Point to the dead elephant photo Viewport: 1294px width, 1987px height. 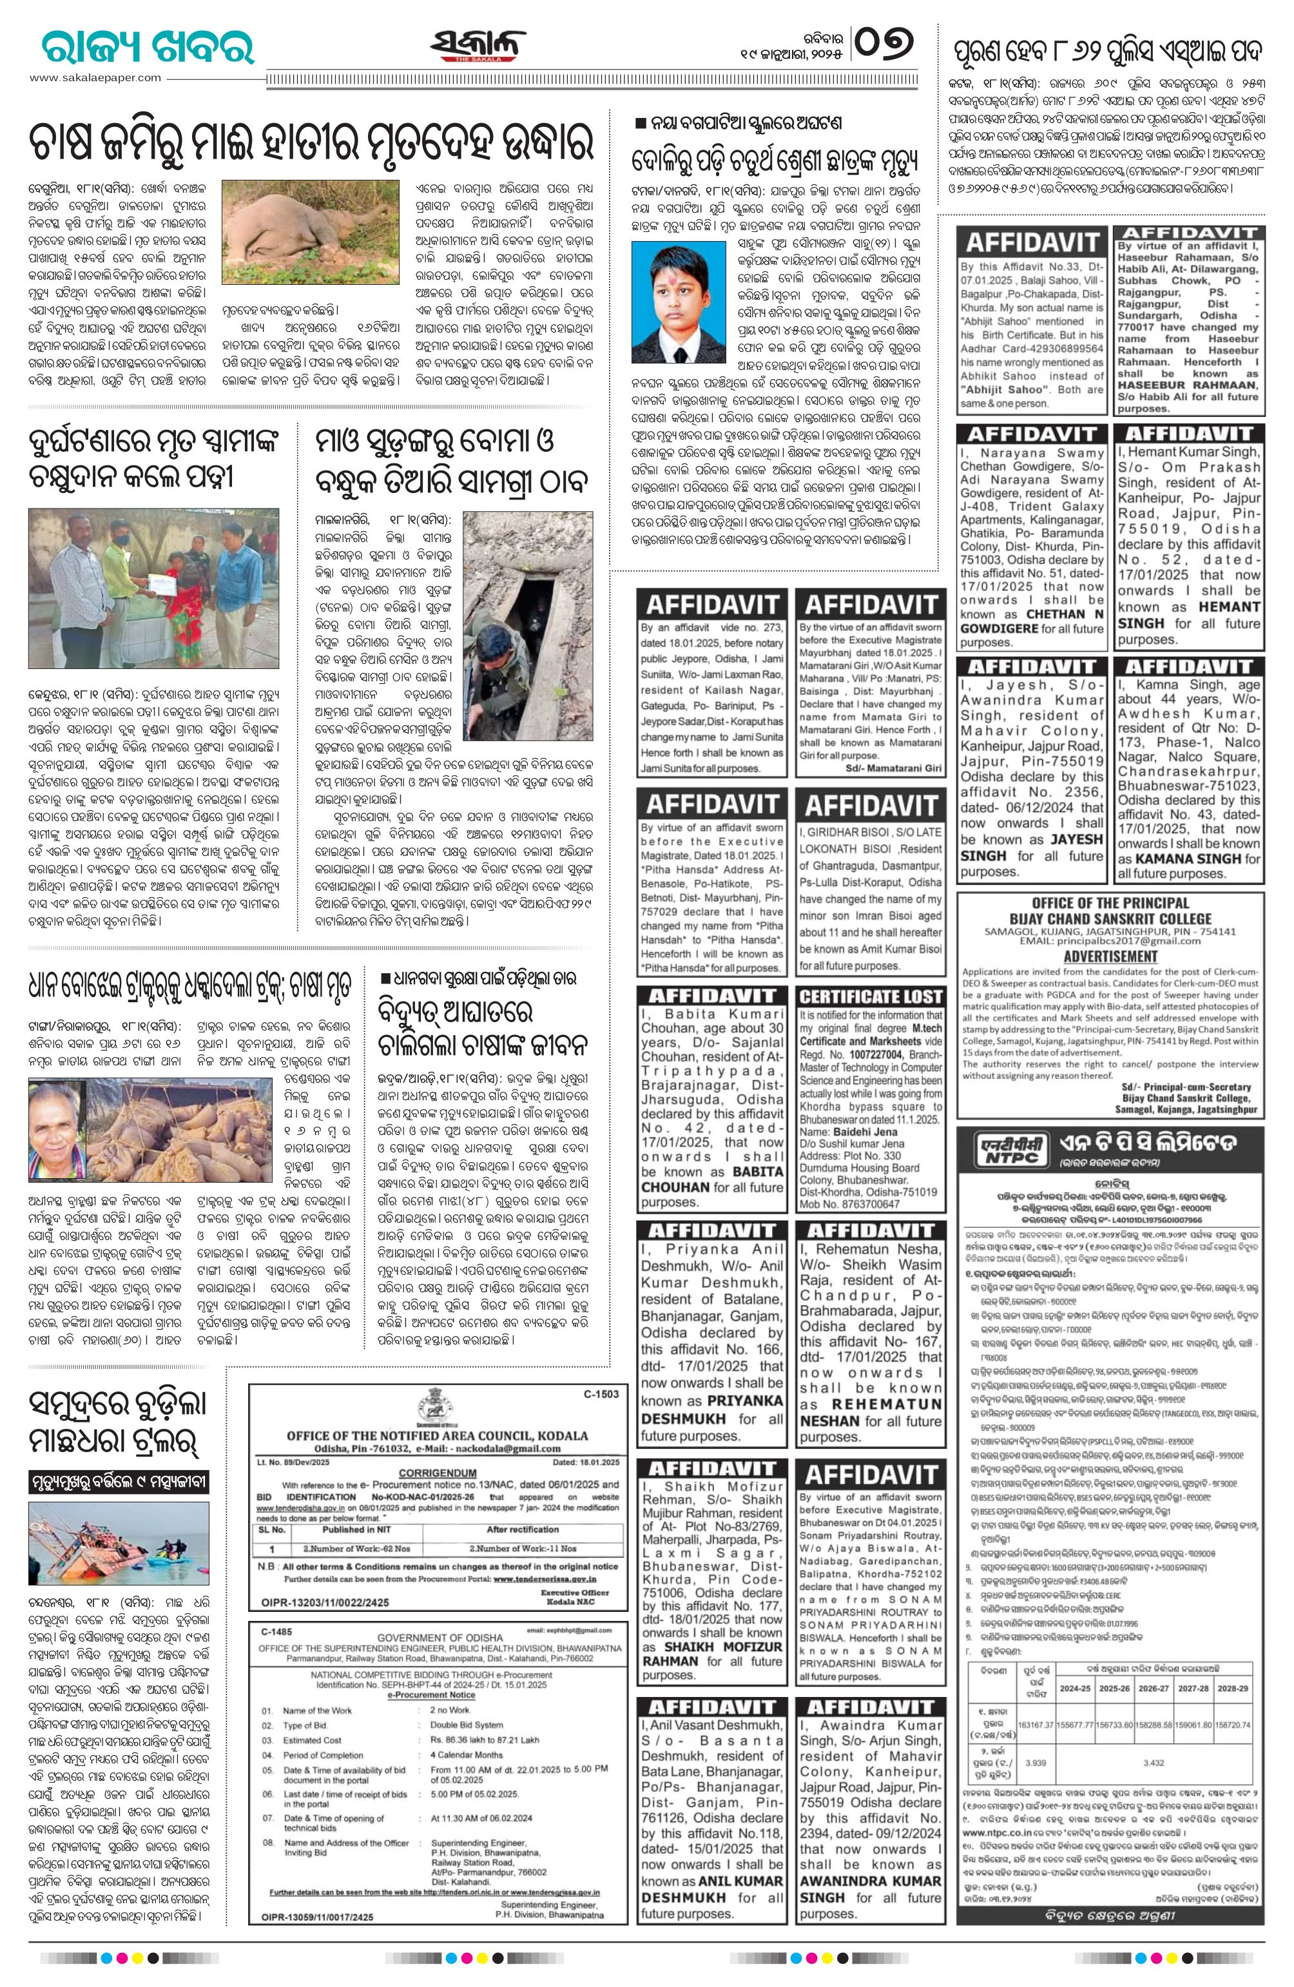tap(300, 237)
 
